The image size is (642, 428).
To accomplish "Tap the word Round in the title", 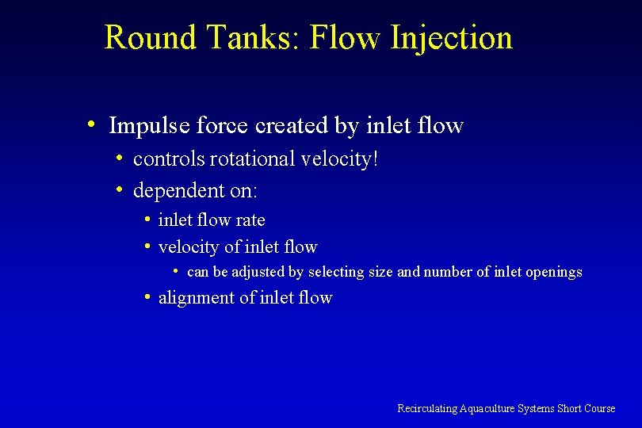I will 150,37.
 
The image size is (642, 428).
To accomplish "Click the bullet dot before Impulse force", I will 93,124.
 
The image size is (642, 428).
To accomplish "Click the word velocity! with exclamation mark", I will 340,160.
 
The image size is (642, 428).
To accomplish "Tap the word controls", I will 170,159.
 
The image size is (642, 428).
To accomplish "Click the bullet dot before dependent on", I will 117,189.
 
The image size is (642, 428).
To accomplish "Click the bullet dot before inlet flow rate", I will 148,219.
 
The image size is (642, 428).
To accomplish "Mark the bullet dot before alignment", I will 148,297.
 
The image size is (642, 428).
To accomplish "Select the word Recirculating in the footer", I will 426,408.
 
